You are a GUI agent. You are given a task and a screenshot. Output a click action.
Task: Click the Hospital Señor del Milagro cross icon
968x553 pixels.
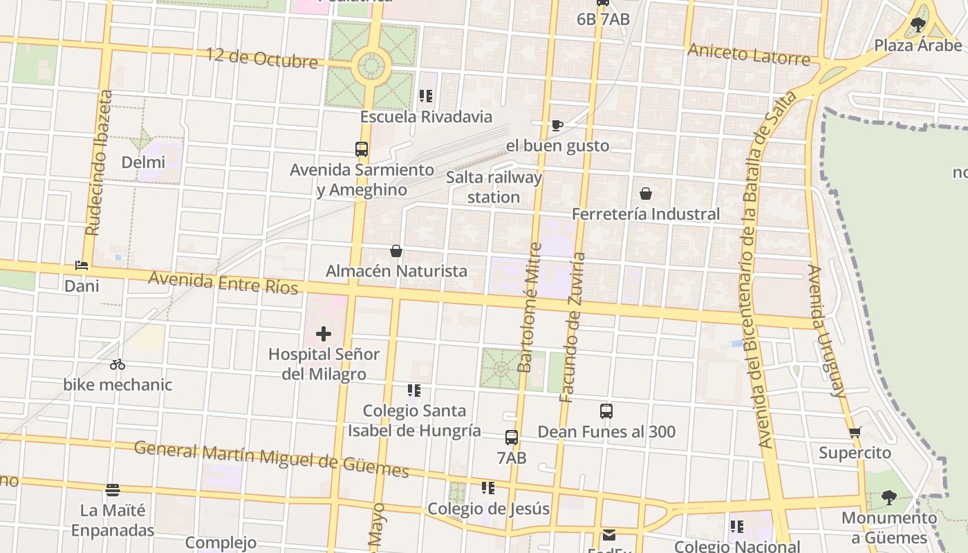point(323,335)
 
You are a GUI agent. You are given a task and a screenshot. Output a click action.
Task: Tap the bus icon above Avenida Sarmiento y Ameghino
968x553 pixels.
point(362,149)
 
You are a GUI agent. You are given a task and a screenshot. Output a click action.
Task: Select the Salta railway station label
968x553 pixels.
point(494,187)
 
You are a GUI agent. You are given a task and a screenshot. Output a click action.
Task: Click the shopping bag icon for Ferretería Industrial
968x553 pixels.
point(645,194)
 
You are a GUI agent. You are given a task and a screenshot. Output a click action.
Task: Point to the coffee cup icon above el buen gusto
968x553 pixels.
point(557,125)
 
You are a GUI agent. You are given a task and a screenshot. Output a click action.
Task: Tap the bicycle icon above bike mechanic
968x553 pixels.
point(118,364)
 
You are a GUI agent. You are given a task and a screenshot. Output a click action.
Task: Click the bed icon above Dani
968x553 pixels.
point(82,265)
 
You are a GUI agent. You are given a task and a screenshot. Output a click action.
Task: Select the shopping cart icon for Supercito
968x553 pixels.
point(855,433)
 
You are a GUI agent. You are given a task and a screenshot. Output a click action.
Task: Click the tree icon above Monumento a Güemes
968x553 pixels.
point(889,497)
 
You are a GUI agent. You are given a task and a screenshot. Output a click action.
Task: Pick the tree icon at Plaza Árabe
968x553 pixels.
point(918,26)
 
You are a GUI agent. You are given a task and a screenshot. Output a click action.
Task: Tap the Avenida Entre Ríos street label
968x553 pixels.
point(223,282)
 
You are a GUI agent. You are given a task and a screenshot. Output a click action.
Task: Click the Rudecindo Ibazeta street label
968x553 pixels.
point(97,162)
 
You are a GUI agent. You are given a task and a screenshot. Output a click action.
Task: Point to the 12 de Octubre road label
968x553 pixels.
point(262,58)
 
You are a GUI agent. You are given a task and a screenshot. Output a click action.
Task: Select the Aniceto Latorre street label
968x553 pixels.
point(748,54)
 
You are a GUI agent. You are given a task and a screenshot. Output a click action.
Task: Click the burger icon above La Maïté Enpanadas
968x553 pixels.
point(113,490)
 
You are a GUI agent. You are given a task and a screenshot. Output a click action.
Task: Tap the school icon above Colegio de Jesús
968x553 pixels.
point(488,488)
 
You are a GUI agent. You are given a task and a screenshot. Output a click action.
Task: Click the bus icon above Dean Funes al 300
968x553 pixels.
point(606,411)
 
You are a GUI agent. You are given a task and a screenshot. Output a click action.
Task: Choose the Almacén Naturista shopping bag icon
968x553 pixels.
point(396,251)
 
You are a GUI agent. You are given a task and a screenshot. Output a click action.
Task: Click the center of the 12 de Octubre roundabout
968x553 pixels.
point(371,66)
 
